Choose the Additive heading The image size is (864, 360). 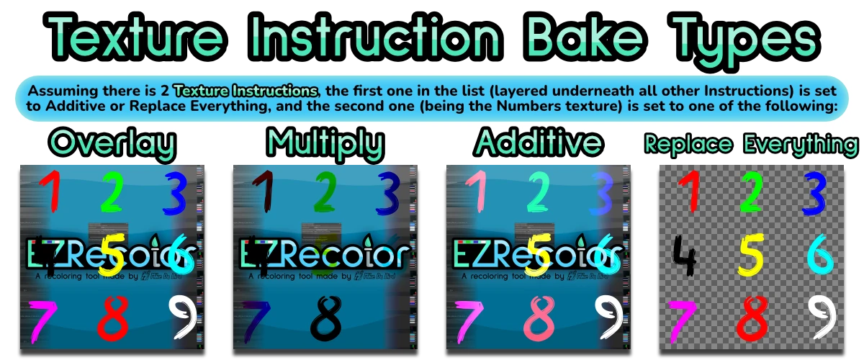click(x=538, y=143)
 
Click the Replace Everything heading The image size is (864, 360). click(x=751, y=145)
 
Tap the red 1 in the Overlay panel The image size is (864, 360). click(x=49, y=192)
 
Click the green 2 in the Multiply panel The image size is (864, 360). click(x=325, y=192)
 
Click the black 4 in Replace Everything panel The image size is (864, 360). click(x=685, y=256)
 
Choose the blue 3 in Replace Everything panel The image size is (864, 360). click(x=814, y=193)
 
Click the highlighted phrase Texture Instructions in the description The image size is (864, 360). click(x=246, y=91)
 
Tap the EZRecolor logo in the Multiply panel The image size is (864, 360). click(x=325, y=253)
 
